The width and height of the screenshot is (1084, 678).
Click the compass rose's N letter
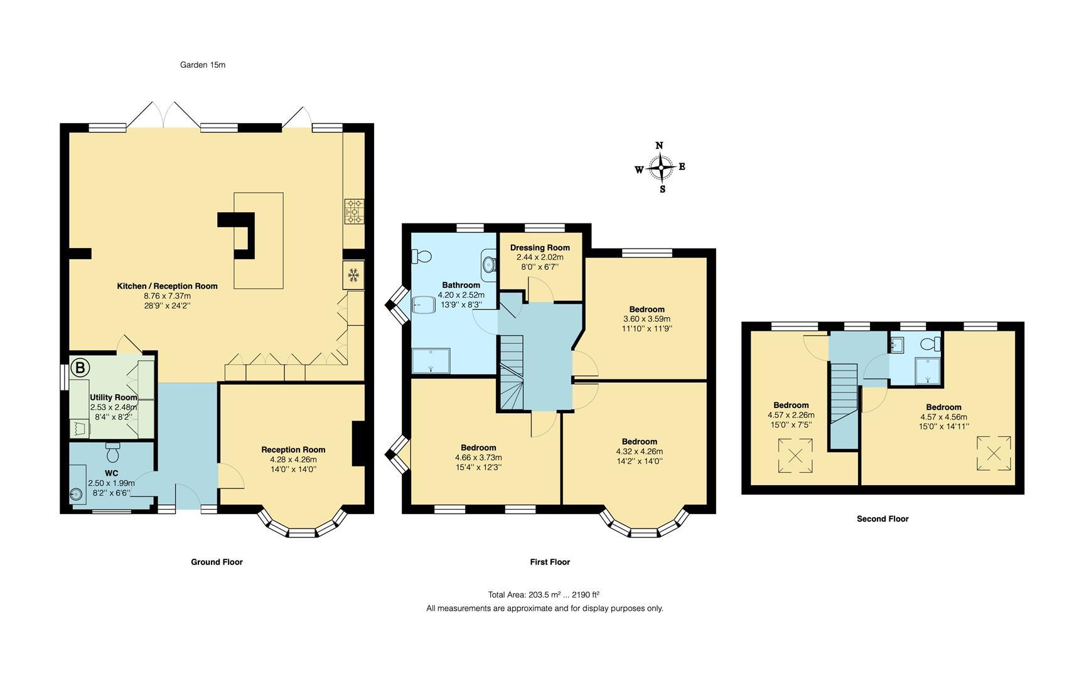(x=659, y=146)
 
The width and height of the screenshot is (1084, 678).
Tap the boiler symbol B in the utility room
(x=80, y=368)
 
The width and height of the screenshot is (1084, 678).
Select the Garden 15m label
(x=202, y=65)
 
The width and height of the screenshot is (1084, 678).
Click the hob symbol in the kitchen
(x=354, y=212)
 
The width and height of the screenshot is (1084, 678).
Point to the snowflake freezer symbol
(x=353, y=274)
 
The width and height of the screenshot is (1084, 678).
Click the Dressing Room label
(x=540, y=247)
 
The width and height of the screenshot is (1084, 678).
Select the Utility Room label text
(x=113, y=397)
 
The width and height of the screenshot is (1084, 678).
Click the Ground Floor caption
(x=217, y=562)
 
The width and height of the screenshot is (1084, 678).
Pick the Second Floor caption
(x=883, y=519)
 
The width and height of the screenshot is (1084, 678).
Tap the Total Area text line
(x=544, y=595)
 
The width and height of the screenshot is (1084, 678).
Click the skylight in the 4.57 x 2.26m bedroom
(x=795, y=456)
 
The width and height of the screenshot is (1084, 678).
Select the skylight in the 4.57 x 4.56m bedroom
(x=994, y=453)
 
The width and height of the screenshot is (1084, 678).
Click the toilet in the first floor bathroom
(x=421, y=256)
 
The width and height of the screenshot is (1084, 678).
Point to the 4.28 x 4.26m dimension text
(x=293, y=459)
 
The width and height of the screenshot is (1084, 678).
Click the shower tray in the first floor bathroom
(x=431, y=361)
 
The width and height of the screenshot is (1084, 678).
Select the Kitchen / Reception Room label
(x=167, y=286)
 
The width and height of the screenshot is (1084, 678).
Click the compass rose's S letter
(x=662, y=189)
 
